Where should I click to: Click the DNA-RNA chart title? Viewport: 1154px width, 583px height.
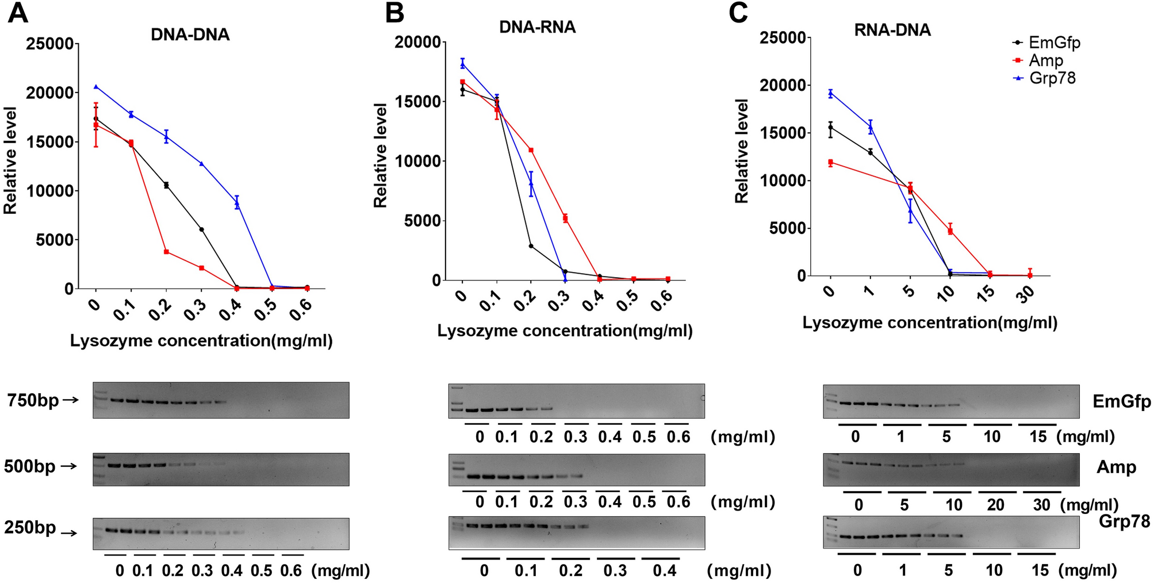537,27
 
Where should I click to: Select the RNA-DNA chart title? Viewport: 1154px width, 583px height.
892,30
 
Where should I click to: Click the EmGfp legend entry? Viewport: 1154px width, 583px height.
1053,43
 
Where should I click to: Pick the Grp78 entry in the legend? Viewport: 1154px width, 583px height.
1052,78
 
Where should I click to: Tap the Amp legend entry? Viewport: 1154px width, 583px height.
1045,60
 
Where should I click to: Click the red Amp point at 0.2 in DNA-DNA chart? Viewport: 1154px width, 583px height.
166,252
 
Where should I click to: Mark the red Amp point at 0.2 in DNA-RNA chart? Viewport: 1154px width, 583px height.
531,150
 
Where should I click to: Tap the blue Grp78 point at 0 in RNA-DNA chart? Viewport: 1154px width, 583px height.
830,93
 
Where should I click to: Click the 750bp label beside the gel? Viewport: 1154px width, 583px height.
33,400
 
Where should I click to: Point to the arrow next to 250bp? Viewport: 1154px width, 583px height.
69,533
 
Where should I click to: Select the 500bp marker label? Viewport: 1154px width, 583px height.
29,466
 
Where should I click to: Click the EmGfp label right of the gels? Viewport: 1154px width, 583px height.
1121,401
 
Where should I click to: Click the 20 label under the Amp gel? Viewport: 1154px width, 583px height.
995,505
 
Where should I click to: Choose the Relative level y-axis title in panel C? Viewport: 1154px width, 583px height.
742,151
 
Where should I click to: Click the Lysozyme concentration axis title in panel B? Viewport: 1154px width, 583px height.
565,331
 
